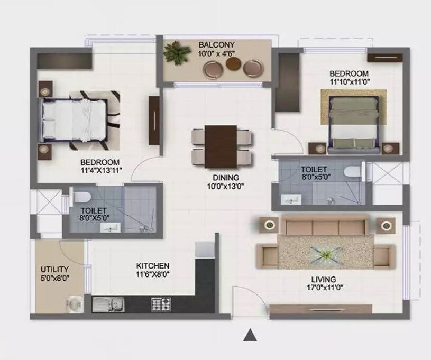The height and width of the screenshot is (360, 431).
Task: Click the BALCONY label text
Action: [x=216, y=44]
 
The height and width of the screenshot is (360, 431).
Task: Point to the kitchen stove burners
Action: [x=161, y=304]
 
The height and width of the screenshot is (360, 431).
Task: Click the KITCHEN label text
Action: [x=152, y=265]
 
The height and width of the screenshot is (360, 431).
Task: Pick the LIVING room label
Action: [x=323, y=279]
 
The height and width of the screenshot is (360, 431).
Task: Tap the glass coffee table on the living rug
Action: [x=324, y=254]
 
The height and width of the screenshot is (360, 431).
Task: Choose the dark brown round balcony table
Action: [x=234, y=64]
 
